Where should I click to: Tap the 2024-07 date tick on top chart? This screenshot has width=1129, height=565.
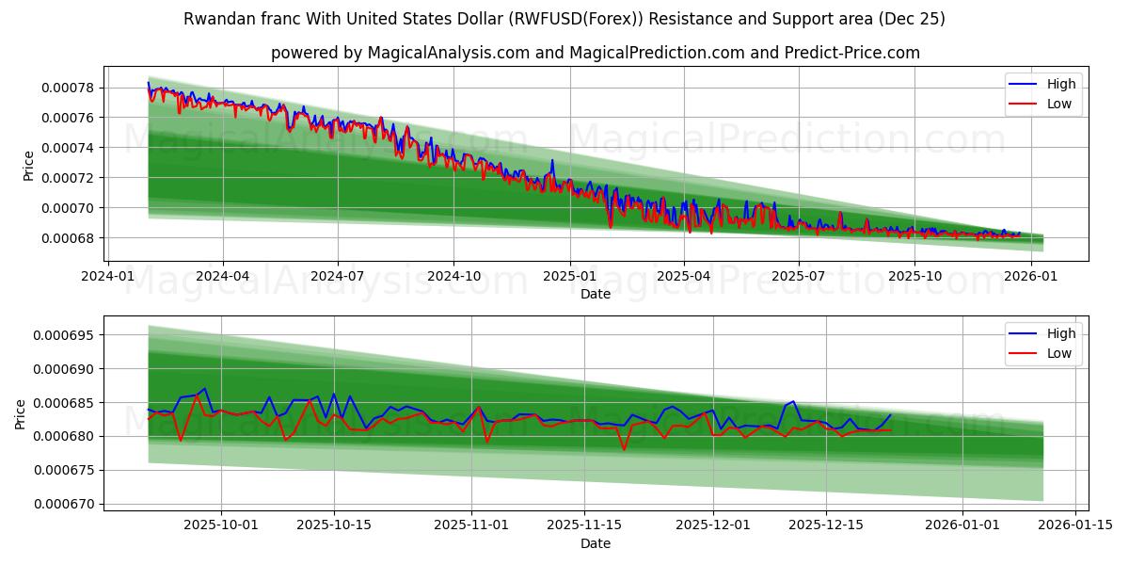point(338,277)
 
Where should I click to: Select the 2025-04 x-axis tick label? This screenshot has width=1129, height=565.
point(683,277)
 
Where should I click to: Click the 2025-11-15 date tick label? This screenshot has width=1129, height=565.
point(584,525)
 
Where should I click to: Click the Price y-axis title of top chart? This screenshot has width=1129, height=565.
point(28,166)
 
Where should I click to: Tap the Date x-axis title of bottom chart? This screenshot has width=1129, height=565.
point(595,543)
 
